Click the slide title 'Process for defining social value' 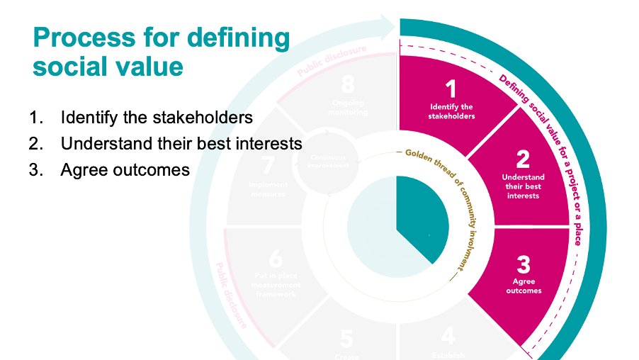click(x=162, y=52)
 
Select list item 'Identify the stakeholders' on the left click(x=157, y=117)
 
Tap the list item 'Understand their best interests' click(x=181, y=143)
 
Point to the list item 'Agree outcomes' click(x=125, y=170)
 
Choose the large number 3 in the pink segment click(x=524, y=265)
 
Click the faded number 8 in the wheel click(x=347, y=84)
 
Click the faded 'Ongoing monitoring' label click(x=346, y=107)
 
